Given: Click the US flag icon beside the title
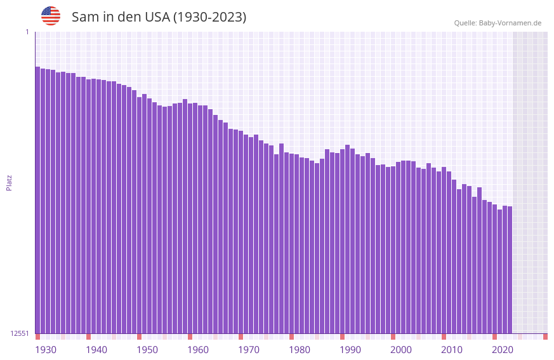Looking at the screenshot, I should (x=51, y=16).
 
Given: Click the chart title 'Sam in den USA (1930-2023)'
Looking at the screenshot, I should (x=159, y=17).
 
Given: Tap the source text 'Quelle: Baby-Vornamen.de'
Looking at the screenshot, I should (x=498, y=23).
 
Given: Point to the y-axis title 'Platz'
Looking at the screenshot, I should (x=9, y=182).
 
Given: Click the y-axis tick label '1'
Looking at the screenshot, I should (x=27, y=32).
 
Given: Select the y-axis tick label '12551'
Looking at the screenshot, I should (x=20, y=333).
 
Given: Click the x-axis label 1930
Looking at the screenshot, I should (x=46, y=350).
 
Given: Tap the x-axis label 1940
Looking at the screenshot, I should (x=96, y=350).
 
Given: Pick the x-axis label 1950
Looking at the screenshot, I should (x=147, y=350).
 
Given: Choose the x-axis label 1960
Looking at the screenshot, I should (x=198, y=350).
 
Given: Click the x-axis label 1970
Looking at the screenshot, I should (x=249, y=350).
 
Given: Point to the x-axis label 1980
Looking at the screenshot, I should (x=300, y=350).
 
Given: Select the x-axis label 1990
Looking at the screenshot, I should (x=350, y=350).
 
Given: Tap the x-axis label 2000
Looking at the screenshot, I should (x=401, y=350).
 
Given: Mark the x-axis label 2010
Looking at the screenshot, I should (x=452, y=350).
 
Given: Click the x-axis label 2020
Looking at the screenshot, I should (x=503, y=350).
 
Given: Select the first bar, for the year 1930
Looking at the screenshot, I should (x=37, y=200).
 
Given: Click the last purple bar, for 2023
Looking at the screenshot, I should (x=510, y=270).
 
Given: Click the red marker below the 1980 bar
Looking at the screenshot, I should (x=291, y=337).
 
